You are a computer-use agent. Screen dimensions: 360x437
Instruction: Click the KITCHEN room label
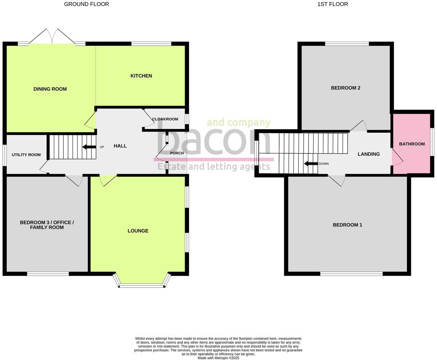tap(141, 76)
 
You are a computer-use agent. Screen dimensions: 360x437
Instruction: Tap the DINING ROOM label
tap(50, 89)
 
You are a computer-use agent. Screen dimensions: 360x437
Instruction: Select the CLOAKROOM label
tap(165, 119)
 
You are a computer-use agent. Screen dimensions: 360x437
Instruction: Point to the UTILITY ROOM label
tap(26, 155)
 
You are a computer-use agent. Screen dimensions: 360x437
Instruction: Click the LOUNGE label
tap(138, 231)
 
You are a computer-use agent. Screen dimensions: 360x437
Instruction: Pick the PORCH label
tap(177, 153)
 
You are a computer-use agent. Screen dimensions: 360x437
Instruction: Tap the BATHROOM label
tap(412, 144)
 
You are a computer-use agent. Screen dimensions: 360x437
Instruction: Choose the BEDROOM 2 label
tap(346, 88)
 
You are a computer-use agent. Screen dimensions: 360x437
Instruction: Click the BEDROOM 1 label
tap(347, 225)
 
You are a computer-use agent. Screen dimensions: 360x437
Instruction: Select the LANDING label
tap(369, 154)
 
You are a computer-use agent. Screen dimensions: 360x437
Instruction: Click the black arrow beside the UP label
tap(89, 147)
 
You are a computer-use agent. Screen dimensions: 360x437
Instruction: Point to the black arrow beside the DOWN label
tap(311, 164)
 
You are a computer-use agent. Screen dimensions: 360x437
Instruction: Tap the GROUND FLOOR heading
tap(87, 4)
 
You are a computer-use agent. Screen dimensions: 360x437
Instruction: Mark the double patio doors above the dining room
tap(52, 36)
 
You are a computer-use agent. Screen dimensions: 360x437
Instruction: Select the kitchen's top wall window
tap(151, 44)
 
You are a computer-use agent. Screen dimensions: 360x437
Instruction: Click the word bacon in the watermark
tap(213, 141)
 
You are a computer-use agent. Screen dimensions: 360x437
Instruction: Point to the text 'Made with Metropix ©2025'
tap(218, 358)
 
